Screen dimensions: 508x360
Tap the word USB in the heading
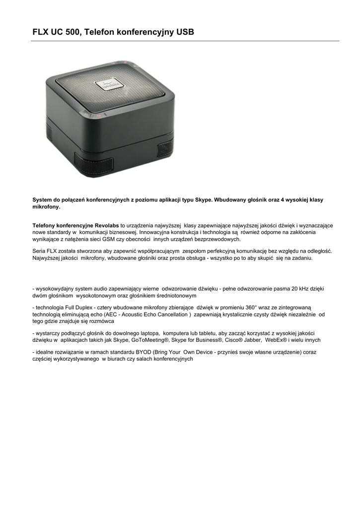point(184,32)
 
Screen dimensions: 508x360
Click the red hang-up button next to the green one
point(99,116)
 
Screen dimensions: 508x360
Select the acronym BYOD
point(141,352)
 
